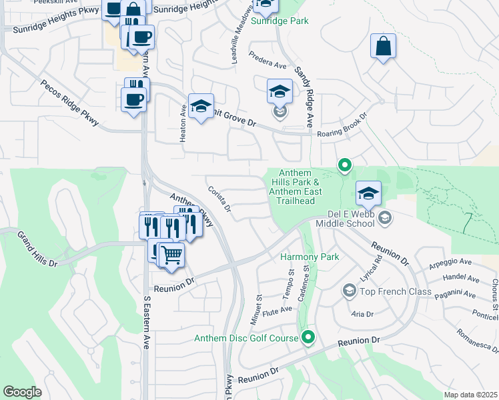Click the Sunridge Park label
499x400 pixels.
(x=280, y=21)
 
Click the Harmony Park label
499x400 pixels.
(x=310, y=257)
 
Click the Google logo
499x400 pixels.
(x=22, y=392)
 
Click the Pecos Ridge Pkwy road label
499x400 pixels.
(x=69, y=104)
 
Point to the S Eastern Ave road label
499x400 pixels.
(x=147, y=323)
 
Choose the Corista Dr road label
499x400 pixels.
(x=219, y=199)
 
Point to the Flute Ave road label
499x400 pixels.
(x=278, y=310)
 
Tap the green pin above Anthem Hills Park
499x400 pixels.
(x=344, y=164)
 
